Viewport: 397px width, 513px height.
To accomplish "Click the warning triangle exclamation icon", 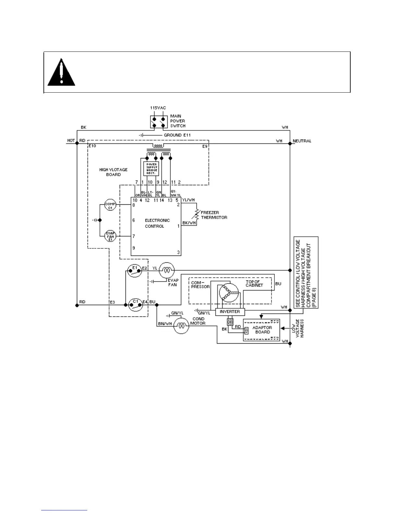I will click(61, 73).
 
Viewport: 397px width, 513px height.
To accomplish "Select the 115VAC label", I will click(158, 108).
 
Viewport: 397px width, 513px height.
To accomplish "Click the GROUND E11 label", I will click(177, 135).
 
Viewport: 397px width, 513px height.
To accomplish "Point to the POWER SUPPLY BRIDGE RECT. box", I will click(151, 169).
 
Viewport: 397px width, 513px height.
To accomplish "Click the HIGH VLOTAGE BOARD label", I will click(113, 172).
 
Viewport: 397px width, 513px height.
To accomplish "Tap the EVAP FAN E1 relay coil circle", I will click(110, 236).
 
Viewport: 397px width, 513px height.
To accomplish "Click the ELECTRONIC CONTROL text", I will click(157, 223).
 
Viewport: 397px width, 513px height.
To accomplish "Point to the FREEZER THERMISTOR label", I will click(214, 215).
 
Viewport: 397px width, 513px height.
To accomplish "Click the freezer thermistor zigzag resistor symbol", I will click(196, 214).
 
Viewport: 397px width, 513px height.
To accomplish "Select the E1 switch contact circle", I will click(135, 270).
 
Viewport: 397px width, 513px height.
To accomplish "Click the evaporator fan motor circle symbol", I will click(167, 270).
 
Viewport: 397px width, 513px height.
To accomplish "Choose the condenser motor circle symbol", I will click(181, 325).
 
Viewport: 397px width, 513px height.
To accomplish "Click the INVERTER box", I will click(230, 312).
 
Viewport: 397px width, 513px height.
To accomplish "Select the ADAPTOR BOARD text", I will click(262, 330).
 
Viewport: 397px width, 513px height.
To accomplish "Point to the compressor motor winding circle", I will click(228, 293).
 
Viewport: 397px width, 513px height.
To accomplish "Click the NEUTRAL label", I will click(302, 141).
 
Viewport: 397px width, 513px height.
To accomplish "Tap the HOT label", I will click(71, 141).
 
